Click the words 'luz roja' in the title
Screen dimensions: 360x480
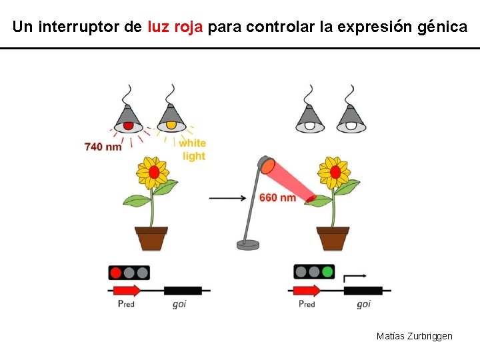174,27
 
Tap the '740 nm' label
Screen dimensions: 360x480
103,146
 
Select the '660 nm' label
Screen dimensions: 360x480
277,198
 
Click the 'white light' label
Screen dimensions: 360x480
193,149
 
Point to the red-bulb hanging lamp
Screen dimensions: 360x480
128,119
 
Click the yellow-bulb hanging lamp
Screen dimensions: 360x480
171,119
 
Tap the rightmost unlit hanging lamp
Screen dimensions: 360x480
351,119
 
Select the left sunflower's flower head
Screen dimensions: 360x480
153,172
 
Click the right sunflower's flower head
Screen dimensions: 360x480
335,172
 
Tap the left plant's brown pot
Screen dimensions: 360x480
151,238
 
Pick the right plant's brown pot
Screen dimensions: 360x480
333,238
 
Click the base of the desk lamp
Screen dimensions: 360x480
248,245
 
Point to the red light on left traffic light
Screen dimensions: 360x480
115,272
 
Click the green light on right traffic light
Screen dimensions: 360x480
327,272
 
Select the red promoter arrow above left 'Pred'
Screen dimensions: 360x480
127,290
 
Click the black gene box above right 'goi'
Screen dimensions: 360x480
363,291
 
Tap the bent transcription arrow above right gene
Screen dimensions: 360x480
353,277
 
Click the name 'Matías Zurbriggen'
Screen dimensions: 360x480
414,336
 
